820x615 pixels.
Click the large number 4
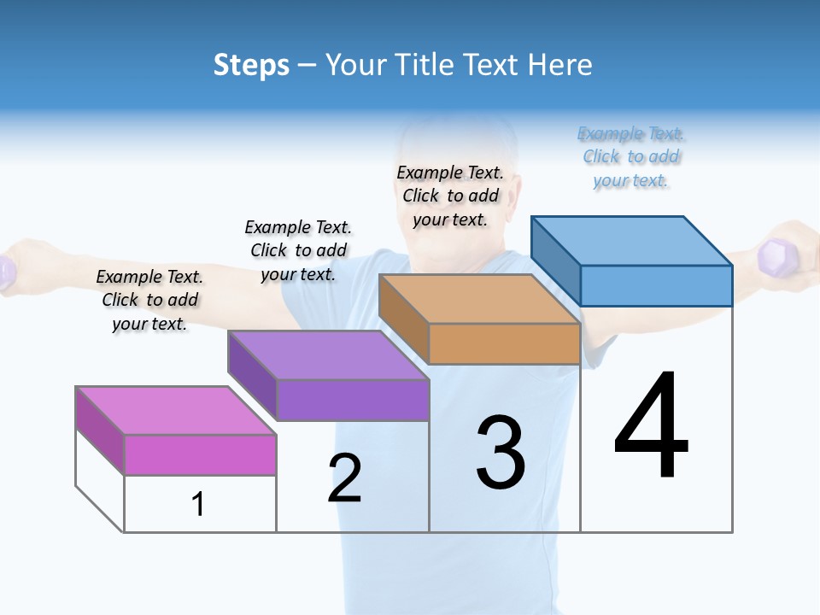pos(651,427)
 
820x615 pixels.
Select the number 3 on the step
pos(501,453)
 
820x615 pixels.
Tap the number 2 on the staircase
pos(345,478)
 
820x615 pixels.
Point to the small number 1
pos(198,504)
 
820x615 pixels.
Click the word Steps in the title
pos(251,65)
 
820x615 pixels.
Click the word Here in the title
pos(560,65)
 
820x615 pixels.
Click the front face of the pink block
pos(200,454)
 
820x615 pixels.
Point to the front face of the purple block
pos(352,400)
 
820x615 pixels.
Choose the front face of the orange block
pos(504,343)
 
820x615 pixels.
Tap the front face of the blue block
pos(656,285)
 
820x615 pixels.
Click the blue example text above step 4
pos(631,157)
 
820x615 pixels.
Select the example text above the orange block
pos(450,196)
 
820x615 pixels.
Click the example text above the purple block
pos(298,250)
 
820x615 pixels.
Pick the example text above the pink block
pos(149,300)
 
